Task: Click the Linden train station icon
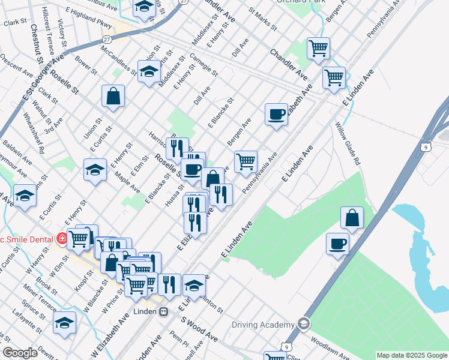(x=163, y=311)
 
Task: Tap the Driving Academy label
(x=264, y=325)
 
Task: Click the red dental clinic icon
(x=61, y=238)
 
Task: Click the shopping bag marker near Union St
(x=113, y=96)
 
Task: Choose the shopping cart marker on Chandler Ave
(x=318, y=48)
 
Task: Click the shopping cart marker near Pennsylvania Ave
(x=246, y=161)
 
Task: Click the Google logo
(x=20, y=353)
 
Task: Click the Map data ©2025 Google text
(x=412, y=355)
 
